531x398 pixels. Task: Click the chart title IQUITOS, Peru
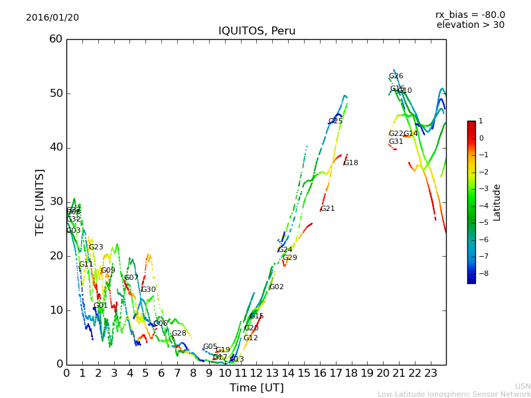point(257,31)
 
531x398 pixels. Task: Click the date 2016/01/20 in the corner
point(52,18)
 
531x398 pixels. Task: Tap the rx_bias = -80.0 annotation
point(470,15)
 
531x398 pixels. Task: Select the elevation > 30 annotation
point(471,25)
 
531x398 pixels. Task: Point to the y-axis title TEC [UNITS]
point(40,202)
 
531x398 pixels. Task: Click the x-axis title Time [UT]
point(256,388)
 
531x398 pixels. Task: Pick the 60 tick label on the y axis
point(56,39)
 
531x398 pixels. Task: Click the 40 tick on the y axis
point(56,147)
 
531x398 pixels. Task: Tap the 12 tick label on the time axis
point(256,373)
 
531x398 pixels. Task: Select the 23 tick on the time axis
point(430,373)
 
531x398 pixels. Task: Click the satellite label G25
point(335,121)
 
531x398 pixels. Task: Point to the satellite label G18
point(350,163)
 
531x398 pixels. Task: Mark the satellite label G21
point(327,209)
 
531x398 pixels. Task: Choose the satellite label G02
point(276,287)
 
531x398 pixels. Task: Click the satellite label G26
point(396,76)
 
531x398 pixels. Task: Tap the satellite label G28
point(179,334)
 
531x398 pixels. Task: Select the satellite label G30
point(148,290)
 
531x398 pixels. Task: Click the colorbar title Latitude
point(497,202)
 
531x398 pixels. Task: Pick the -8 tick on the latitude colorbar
point(481,273)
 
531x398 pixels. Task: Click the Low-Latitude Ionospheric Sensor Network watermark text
point(454,394)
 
